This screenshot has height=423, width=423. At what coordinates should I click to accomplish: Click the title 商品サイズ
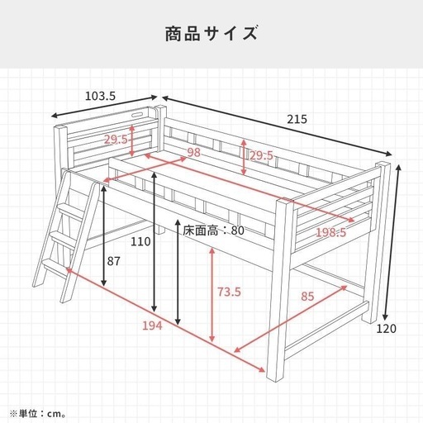(x=211, y=34)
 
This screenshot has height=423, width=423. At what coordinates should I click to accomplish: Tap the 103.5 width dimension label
(x=100, y=96)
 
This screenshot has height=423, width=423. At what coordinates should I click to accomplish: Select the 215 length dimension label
(x=297, y=119)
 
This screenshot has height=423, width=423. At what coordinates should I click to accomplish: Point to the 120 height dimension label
(x=386, y=329)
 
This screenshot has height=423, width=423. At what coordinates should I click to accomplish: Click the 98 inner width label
(x=193, y=152)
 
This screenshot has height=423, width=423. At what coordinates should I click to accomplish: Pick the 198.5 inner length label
(x=330, y=233)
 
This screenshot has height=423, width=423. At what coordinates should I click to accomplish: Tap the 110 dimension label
(x=140, y=241)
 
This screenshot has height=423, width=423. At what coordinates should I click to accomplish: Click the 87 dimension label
(x=114, y=261)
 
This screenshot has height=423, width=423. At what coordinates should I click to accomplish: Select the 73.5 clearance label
(x=229, y=292)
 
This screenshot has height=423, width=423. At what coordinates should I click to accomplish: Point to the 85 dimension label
(x=307, y=297)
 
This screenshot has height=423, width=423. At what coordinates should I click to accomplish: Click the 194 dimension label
(x=152, y=326)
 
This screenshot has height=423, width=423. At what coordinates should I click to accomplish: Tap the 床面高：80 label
(x=213, y=231)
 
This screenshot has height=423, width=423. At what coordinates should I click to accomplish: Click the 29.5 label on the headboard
(x=116, y=140)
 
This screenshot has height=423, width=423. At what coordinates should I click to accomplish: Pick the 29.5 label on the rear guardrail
(x=261, y=155)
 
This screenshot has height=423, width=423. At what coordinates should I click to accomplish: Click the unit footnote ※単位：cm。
(x=38, y=414)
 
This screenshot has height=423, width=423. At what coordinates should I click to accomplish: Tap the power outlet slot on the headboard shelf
(x=136, y=114)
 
